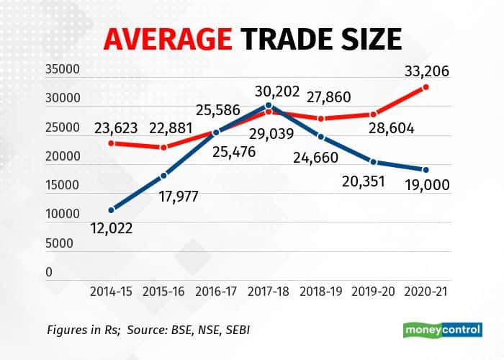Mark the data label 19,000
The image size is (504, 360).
coord(426,185)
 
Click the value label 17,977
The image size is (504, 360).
coord(176,195)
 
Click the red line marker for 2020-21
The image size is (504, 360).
coord(426,87)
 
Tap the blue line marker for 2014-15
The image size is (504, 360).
coord(111,210)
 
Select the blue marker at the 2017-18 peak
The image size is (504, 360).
coord(269,105)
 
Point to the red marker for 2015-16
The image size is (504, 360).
coord(164,148)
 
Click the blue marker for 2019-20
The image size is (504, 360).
coord(374,162)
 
